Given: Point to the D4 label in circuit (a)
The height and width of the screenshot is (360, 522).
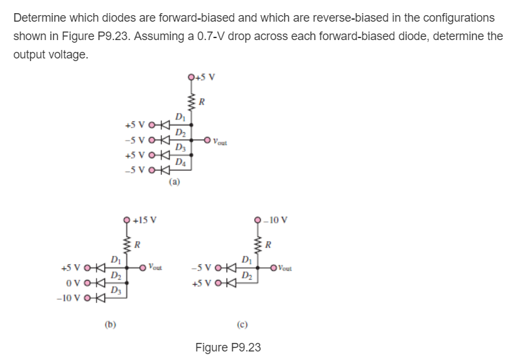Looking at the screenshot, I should tap(180, 162).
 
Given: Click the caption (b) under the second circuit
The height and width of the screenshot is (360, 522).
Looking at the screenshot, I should tap(110, 323).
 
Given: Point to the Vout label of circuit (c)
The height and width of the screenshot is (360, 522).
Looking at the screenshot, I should tap(288, 267).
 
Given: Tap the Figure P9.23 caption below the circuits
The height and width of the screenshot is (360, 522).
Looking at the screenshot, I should tap(228, 347).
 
